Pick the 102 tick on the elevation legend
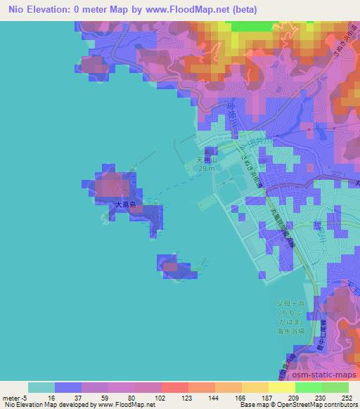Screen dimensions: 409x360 pyautogui.click(x=161, y=397)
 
